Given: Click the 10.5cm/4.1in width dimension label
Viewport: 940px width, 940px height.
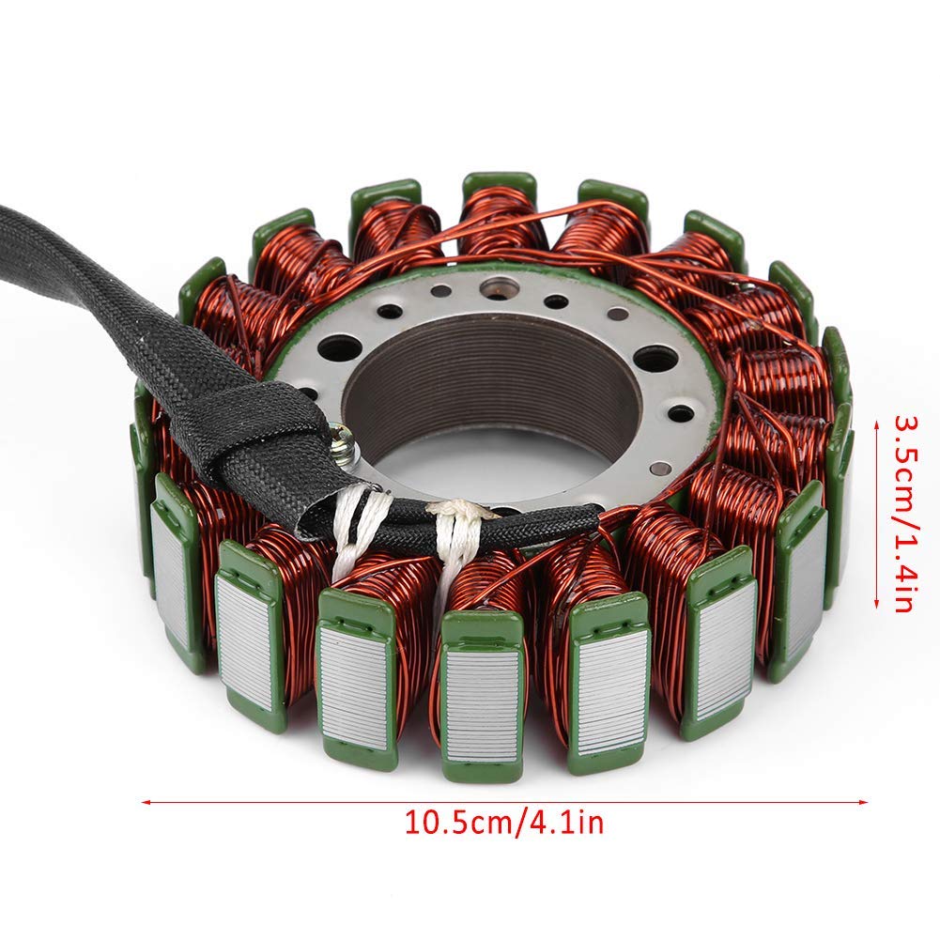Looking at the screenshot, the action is click(504, 822).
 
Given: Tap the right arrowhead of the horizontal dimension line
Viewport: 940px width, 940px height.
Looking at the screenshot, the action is click(862, 802).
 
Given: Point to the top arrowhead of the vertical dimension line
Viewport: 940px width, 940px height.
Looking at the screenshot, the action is click(876, 424).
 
